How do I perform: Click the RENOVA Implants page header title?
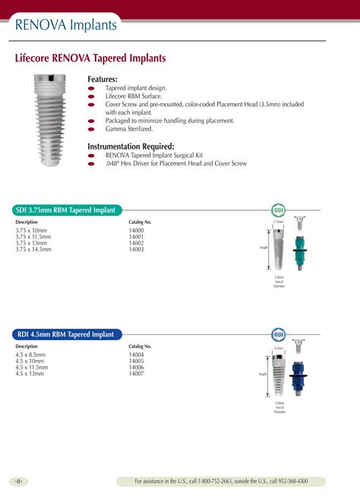[x=67, y=25]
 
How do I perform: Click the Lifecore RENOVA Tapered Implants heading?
[x=90, y=58]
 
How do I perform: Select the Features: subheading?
[x=103, y=79]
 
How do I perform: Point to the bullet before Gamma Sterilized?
[x=91, y=129]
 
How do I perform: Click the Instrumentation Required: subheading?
[x=131, y=146]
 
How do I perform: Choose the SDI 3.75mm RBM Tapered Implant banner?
[x=66, y=210]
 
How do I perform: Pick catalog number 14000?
[x=136, y=230]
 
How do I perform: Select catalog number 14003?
[x=136, y=249]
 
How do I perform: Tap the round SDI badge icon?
[x=278, y=210]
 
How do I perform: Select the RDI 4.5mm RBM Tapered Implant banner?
[x=65, y=334]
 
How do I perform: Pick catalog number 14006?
[x=136, y=367]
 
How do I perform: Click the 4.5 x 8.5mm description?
[x=30, y=355]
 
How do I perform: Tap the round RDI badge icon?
[x=278, y=334]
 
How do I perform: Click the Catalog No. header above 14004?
[x=140, y=346]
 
